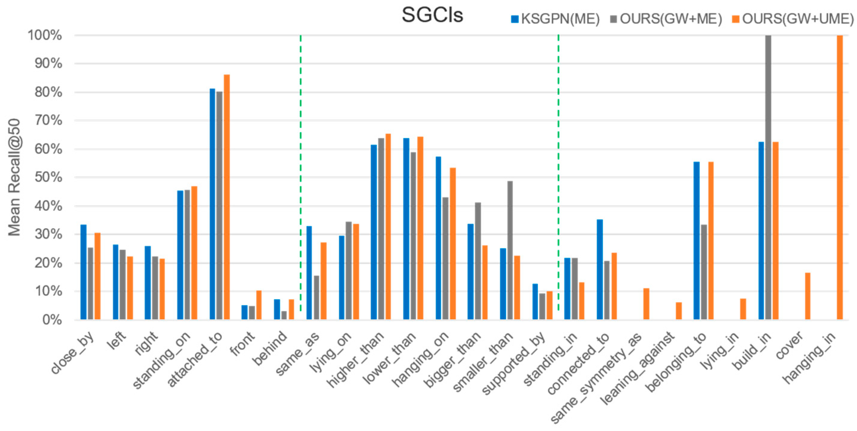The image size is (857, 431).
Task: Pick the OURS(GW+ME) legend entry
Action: (x=666, y=19)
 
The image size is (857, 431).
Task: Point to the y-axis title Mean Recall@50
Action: (x=14, y=177)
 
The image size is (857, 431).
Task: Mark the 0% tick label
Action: (x=52, y=320)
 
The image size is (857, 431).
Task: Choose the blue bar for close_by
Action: (x=83, y=272)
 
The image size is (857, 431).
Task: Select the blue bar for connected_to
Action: (x=600, y=270)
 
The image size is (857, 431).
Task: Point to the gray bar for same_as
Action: (x=316, y=297)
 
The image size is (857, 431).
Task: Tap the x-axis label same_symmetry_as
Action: (x=595, y=379)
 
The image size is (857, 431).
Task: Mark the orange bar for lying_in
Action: (x=743, y=309)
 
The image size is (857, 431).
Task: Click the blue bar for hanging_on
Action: (x=438, y=238)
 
